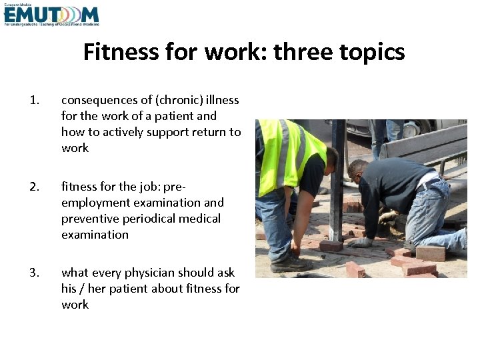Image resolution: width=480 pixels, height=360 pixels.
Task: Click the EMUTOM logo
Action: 51,15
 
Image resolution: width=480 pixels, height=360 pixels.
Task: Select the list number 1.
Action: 35,101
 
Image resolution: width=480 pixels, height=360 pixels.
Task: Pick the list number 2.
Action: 35,187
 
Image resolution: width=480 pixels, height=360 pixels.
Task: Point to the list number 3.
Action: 35,273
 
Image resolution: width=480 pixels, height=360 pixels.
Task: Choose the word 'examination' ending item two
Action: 95,235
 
